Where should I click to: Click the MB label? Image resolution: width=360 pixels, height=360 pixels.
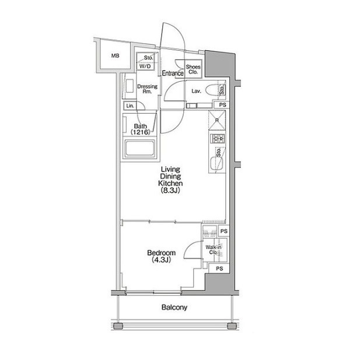(116, 55)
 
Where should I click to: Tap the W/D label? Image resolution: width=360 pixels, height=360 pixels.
(145, 67)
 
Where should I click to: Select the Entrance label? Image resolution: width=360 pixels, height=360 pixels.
(173, 74)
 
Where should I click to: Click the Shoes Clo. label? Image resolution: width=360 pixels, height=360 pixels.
(193, 69)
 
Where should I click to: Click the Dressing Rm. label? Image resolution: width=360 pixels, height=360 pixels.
(148, 89)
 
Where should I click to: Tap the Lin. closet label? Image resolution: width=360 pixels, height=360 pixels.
(130, 106)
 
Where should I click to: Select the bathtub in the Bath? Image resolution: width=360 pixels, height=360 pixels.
(140, 148)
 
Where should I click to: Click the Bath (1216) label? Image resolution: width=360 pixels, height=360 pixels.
(140, 129)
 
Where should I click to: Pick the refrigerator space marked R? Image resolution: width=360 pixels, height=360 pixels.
(217, 120)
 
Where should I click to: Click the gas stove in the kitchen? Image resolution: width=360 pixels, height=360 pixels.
(217, 138)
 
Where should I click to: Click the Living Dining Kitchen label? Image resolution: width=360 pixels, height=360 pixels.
(170, 180)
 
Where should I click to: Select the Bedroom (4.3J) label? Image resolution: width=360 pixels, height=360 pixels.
(162, 256)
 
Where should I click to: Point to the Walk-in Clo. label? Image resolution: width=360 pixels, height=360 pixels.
(214, 250)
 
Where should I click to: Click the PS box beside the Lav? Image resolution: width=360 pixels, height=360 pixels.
(222, 105)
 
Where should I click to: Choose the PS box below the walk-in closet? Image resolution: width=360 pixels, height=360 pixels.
(219, 268)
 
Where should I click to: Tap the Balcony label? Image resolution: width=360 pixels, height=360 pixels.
(174, 307)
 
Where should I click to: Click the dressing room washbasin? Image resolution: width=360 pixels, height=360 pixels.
(130, 86)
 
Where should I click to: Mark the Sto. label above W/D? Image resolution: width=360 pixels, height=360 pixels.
(148, 58)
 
